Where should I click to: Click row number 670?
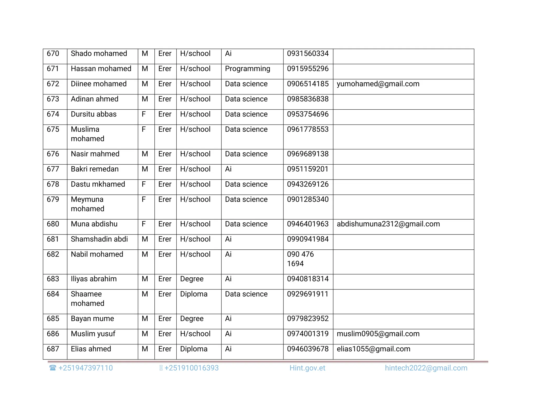(53, 54)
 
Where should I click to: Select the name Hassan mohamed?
(101, 69)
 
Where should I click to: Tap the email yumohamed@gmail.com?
(378, 84)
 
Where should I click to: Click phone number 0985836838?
(308, 99)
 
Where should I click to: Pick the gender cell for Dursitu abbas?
(144, 114)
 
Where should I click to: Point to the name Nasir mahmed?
(95, 154)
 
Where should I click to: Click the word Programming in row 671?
(247, 69)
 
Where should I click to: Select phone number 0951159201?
(308, 169)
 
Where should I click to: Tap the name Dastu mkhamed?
(98, 184)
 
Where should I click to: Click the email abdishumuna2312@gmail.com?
(388, 224)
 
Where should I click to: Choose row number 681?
(53, 239)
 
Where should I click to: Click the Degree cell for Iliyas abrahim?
(192, 279)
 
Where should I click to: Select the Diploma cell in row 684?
(194, 294)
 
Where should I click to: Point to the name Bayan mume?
(92, 319)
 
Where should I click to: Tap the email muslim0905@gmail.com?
(378, 334)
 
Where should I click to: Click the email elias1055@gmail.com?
(373, 349)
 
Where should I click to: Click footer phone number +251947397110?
(85, 368)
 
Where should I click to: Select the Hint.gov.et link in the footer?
(307, 368)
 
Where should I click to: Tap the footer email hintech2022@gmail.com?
(426, 368)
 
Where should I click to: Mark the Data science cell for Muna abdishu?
(246, 224)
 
